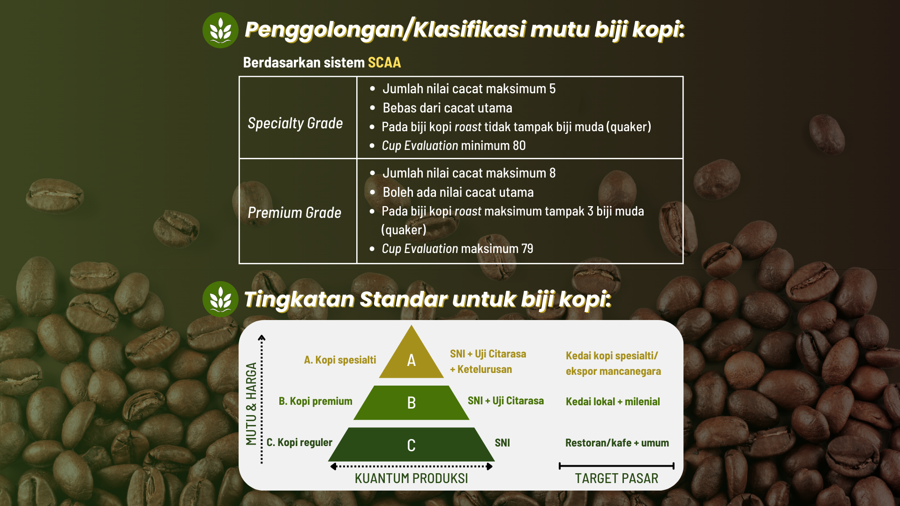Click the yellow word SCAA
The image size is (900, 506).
coord(384,62)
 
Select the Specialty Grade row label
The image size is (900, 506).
coord(295,123)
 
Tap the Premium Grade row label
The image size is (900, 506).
coord(294,213)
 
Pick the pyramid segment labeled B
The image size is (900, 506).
coord(412,402)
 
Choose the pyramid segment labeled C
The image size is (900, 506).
coord(412,445)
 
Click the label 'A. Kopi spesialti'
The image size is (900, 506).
coord(340,360)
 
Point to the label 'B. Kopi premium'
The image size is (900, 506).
coord(315,401)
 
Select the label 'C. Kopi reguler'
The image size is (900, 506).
coord(300,442)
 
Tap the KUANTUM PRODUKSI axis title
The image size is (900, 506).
coord(411,478)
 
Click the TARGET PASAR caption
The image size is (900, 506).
coord(616,478)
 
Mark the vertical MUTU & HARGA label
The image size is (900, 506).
coord(251,404)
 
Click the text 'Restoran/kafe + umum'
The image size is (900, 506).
coord(617,443)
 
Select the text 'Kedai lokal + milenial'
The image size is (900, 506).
coord(613,402)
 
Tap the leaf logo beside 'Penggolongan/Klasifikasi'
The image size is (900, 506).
coord(220,30)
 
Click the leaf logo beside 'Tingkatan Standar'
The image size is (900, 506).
coord(220,299)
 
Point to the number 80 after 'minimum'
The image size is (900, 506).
coord(519,146)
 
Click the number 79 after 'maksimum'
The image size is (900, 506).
coord(527,249)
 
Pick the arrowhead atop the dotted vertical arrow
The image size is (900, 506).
coord(262,337)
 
